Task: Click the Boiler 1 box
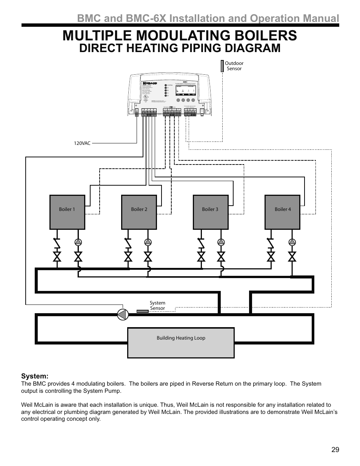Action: coord(67,212)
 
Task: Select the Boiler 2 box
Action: coord(139,212)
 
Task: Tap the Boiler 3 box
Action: coord(210,212)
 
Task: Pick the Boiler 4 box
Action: coord(282,212)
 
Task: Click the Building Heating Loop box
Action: coord(181,342)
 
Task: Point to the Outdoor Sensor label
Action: coord(234,66)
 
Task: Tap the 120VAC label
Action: coord(82,143)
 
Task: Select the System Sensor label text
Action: coord(157,306)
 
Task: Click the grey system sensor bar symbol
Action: coord(142,311)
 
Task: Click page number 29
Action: coord(335,450)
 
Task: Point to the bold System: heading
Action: coord(35,376)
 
